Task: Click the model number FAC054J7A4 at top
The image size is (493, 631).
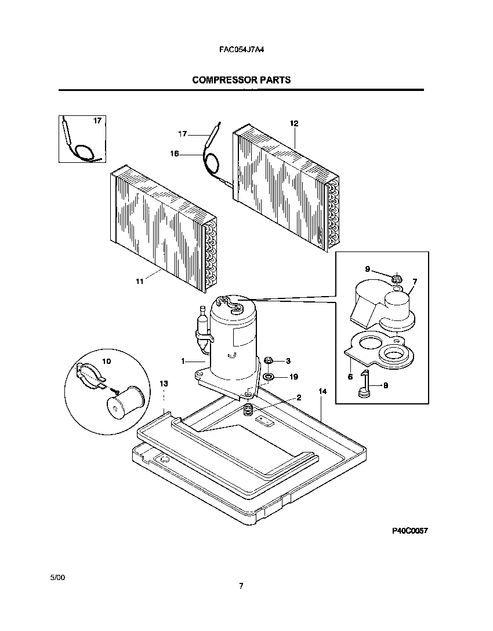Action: (x=241, y=50)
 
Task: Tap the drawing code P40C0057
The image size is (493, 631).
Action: (x=410, y=531)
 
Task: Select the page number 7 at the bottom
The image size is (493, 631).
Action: (x=241, y=586)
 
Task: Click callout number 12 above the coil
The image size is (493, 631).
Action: (x=294, y=123)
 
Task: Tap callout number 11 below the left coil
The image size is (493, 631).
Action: (x=139, y=281)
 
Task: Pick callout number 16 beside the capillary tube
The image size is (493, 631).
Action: (x=174, y=154)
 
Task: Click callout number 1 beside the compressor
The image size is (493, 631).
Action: (x=183, y=361)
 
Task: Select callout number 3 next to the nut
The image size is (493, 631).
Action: (x=288, y=361)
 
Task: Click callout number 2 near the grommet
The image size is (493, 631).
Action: (x=299, y=397)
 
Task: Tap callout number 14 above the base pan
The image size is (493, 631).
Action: (x=322, y=392)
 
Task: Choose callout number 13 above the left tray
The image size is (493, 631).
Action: (x=164, y=384)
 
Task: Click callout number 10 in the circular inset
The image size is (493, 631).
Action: (x=106, y=360)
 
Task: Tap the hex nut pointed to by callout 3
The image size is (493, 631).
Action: (x=269, y=361)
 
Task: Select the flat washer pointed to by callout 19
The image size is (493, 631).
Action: (x=269, y=377)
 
